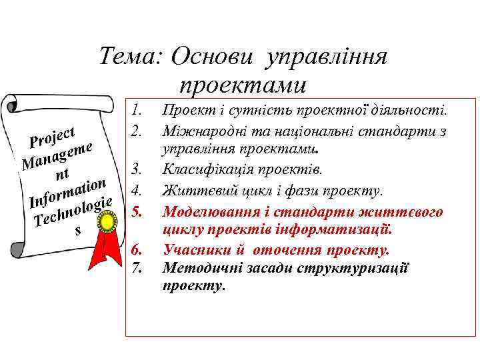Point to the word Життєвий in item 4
click(x=189, y=192)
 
